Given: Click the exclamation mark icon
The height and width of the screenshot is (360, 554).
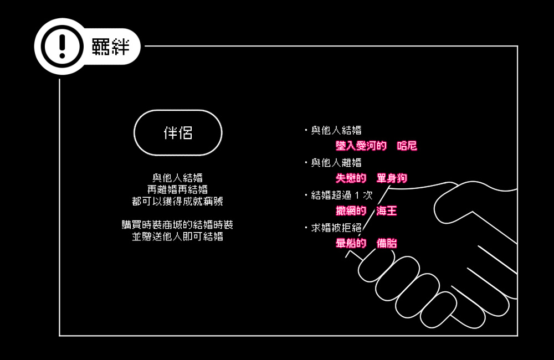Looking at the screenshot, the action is [62, 47].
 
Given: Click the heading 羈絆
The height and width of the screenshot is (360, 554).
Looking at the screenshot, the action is [111, 47].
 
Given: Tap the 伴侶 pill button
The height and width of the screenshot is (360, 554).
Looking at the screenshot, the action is [178, 133].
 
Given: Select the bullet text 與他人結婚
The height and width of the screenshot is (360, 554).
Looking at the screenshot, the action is [336, 130].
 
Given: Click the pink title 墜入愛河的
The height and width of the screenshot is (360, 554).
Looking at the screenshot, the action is [361, 146].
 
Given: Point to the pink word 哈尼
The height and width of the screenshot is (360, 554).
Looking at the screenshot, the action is [407, 146].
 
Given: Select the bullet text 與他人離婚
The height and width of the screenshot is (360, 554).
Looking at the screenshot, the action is [336, 162].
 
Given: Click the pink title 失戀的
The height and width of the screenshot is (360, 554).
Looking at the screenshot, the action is [351, 178].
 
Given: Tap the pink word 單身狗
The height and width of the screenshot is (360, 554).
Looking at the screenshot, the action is [392, 178].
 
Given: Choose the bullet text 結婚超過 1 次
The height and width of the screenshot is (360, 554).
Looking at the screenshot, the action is [342, 195].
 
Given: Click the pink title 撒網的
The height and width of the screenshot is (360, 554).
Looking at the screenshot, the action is [351, 210].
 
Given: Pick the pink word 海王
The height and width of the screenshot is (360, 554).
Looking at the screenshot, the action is [387, 210].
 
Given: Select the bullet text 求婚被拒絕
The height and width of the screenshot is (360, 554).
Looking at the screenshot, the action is [336, 228].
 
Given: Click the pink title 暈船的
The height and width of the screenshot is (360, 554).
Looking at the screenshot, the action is [351, 243].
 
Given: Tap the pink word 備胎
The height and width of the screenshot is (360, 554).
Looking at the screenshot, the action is [387, 243].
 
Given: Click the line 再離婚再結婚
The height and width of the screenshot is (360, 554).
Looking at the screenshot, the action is [177, 189].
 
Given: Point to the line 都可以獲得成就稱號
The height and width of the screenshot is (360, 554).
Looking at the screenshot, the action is [177, 201].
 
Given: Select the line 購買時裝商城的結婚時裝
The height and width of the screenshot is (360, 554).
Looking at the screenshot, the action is [177, 225].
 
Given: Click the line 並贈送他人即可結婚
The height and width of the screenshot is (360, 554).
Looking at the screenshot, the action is [177, 236].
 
